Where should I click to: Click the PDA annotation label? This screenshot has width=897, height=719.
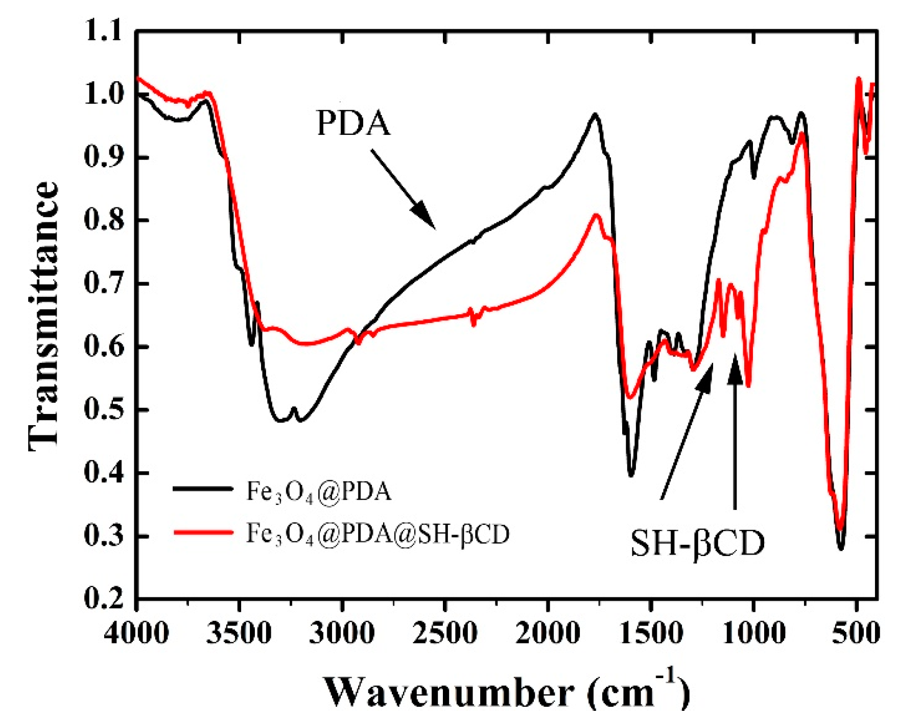click(353, 123)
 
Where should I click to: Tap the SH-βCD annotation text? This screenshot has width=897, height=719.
click(697, 543)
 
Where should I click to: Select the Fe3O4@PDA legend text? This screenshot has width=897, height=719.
click(319, 492)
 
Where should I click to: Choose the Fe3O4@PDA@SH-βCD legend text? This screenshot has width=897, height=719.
click(378, 534)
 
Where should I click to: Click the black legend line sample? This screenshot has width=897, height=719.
click(203, 489)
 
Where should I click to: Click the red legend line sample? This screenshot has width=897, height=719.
click(203, 532)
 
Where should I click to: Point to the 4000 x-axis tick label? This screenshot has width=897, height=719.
click(136, 634)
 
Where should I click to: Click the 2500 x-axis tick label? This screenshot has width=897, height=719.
click(445, 634)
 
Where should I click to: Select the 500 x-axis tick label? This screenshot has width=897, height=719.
click(856, 634)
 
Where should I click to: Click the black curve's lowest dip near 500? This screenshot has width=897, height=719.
click(841, 548)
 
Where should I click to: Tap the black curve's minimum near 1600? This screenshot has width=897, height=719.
click(631, 475)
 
